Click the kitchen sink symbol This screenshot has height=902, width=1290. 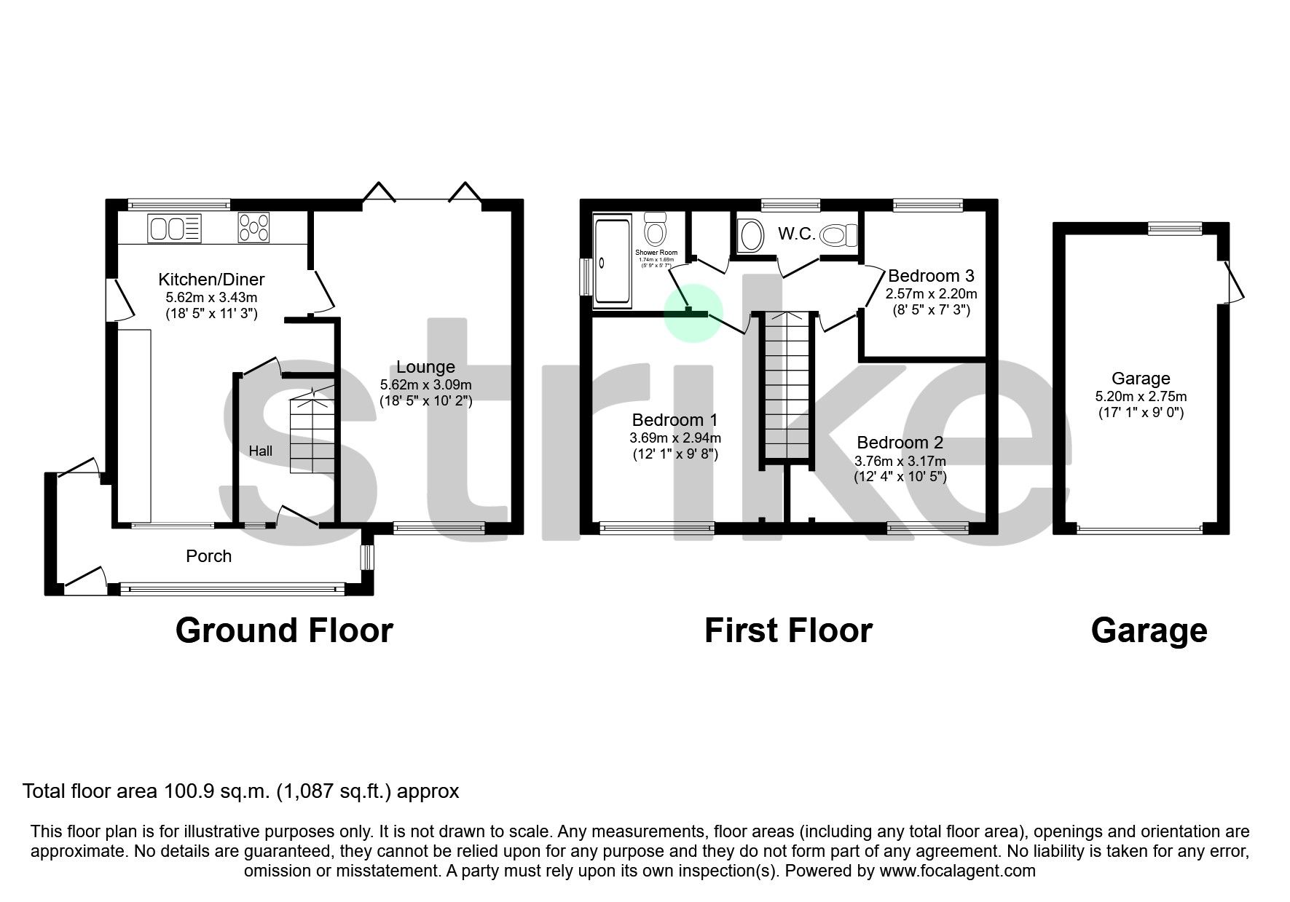point(173,229)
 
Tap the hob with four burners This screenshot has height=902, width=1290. point(253,227)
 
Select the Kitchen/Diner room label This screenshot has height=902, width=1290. point(211,280)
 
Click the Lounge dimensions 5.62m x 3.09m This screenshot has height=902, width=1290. point(425,384)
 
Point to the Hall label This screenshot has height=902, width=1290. point(260,451)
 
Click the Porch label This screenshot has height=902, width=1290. point(208,556)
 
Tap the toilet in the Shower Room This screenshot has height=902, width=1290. point(656,229)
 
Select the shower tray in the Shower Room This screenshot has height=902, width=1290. point(613,260)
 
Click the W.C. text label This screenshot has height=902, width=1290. point(796,234)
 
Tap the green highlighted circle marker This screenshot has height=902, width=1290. point(693,312)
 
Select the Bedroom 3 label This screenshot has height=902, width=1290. point(931,276)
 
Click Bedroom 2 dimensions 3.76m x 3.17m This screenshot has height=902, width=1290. point(900,461)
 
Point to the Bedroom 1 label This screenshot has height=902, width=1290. point(675,420)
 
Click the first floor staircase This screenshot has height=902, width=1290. point(786,386)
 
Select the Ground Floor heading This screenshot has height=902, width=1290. point(284,630)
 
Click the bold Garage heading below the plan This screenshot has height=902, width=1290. point(1149,630)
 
